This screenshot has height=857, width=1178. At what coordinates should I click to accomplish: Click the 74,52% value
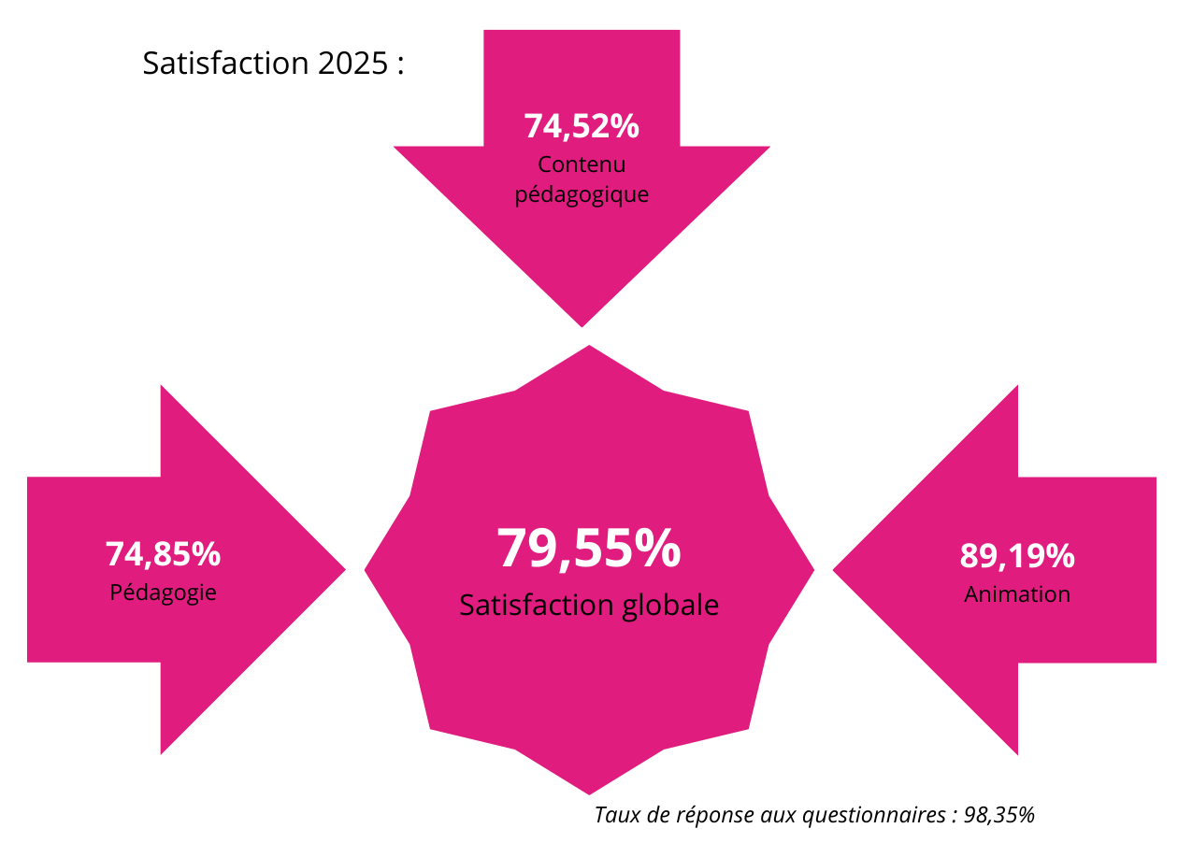(x=581, y=126)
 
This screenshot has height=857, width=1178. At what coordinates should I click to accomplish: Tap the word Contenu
(x=581, y=164)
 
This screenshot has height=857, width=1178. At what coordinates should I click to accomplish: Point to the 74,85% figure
(x=163, y=554)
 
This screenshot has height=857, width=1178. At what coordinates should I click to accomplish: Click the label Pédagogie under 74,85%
(x=163, y=593)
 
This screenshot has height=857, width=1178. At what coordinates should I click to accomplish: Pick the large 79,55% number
(x=589, y=549)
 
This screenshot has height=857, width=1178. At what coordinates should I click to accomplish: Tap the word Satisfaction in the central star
(x=537, y=605)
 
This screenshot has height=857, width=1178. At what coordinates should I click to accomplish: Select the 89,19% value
(x=1017, y=556)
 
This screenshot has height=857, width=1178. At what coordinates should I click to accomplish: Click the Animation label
(x=1017, y=593)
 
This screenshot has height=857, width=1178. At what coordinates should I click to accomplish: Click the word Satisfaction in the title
(x=224, y=64)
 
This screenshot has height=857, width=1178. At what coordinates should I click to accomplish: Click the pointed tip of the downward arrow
(x=582, y=324)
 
